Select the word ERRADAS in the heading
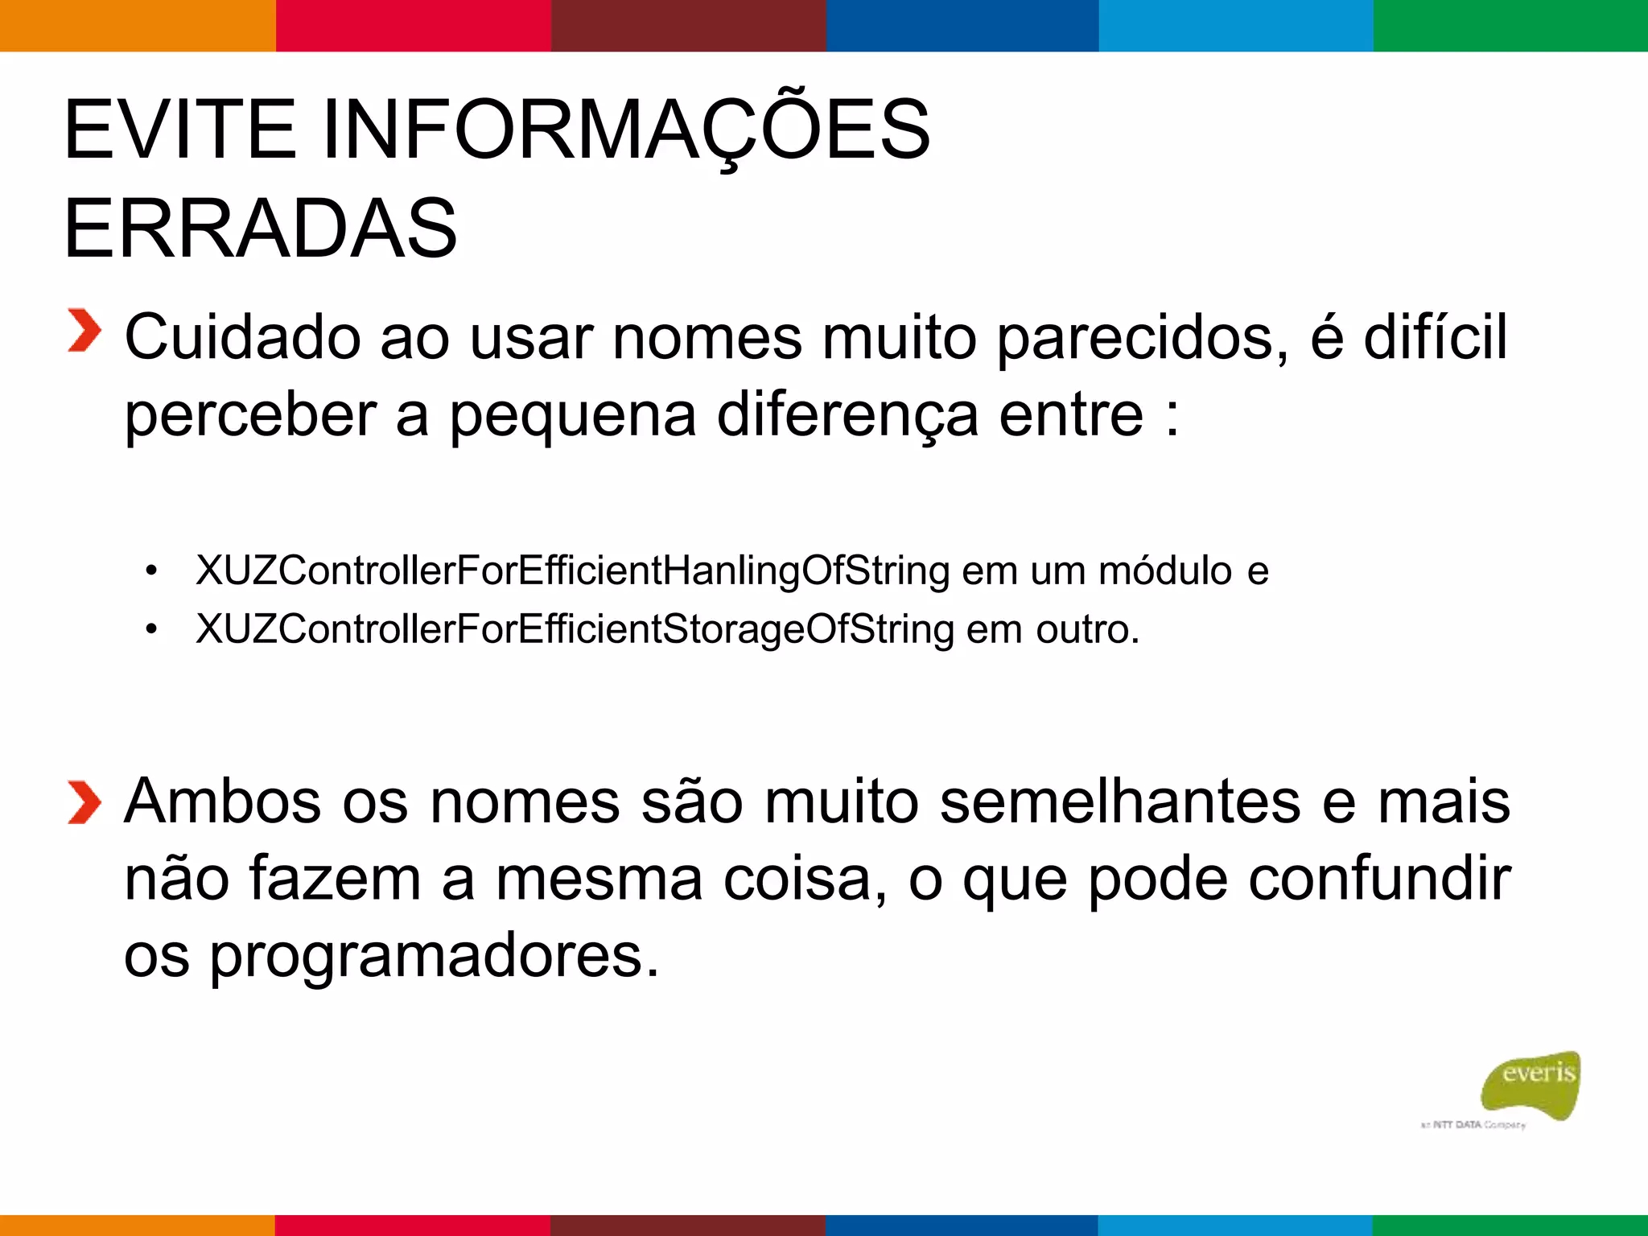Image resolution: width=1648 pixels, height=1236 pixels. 260,229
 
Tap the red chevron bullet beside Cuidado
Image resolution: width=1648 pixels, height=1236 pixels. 84,331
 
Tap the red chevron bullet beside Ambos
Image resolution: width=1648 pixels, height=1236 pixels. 84,802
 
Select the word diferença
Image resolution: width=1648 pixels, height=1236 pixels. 847,416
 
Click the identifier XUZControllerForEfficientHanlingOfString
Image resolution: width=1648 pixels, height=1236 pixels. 572,571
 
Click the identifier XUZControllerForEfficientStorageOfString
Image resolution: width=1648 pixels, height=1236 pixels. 575,629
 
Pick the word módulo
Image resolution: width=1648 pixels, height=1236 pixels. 1165,571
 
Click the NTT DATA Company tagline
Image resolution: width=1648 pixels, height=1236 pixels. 1473,1125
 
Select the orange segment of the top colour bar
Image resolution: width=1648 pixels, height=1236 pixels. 137,26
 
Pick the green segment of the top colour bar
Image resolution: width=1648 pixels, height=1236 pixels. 1510,26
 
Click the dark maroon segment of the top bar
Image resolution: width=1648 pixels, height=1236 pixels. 688,26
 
